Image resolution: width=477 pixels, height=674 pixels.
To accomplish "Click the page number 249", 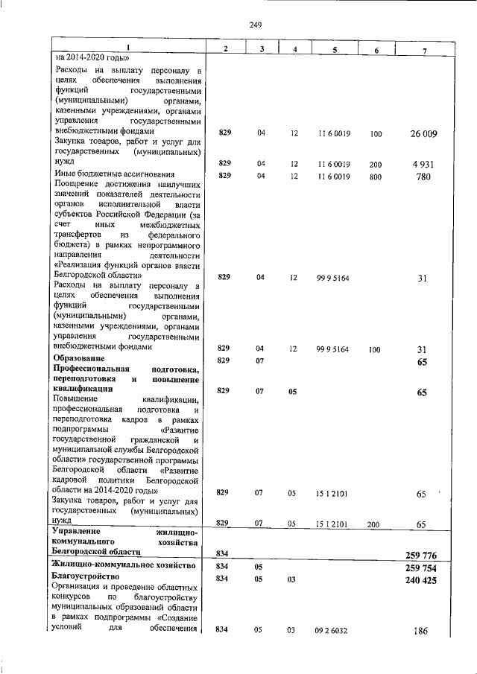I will pyautogui.click(x=256, y=25).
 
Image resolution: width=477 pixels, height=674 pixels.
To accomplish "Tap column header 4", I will pyautogui.click(x=295, y=49).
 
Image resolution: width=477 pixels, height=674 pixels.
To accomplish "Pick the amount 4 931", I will pyautogui.click(x=423, y=163).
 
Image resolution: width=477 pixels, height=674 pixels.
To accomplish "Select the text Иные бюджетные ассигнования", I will pyautogui.click(x=109, y=174).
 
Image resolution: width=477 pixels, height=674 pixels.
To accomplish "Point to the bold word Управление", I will pyautogui.click(x=78, y=532).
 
